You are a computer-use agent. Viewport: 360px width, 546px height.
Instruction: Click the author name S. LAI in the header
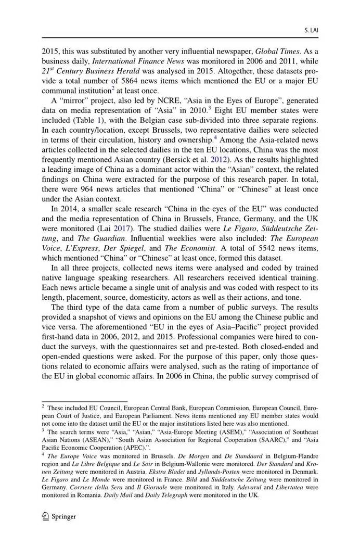coord(311,31)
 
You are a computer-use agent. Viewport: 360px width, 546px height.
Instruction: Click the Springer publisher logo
coord(59,516)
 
